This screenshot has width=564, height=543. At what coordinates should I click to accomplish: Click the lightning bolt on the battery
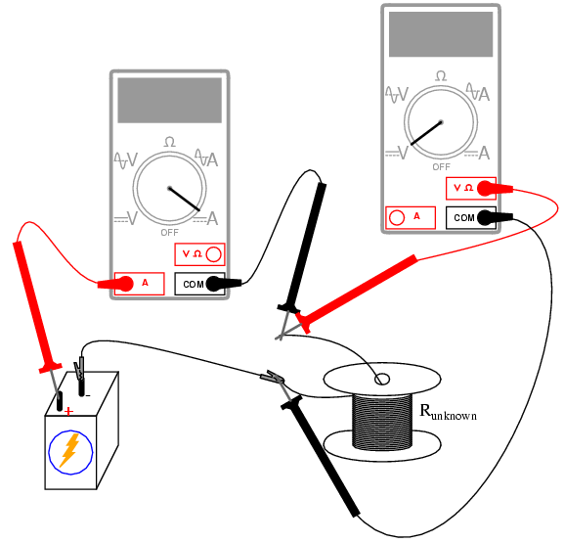tap(69, 450)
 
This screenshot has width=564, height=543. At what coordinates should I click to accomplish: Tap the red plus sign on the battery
tap(68, 411)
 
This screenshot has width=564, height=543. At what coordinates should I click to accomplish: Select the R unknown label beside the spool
tap(448, 412)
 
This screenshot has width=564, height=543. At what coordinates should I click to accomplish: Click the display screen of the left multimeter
tap(170, 100)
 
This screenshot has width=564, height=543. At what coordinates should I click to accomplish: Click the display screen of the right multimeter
tap(441, 34)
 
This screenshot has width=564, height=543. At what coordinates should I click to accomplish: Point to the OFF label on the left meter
tap(169, 233)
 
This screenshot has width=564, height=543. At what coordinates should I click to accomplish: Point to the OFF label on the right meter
tap(441, 167)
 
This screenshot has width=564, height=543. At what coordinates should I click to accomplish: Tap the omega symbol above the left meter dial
tap(170, 142)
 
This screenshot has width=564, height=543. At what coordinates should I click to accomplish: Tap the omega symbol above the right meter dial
tap(441, 76)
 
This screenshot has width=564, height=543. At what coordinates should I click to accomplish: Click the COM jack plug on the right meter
tap(495, 217)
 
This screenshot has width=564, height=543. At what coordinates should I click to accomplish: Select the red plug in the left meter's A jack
tap(115, 284)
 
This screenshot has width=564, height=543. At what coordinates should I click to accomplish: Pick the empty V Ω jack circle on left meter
tap(214, 254)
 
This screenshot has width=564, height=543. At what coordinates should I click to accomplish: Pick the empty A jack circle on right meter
tap(397, 217)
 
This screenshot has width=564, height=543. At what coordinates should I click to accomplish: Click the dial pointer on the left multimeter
tap(185, 200)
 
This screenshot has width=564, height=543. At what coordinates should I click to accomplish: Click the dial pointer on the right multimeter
tap(426, 133)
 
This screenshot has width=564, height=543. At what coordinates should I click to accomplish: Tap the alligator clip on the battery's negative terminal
tap(79, 369)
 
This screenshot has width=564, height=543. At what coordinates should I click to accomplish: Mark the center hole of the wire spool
tap(381, 380)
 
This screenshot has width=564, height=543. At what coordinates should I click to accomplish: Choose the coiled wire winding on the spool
tap(382, 422)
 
